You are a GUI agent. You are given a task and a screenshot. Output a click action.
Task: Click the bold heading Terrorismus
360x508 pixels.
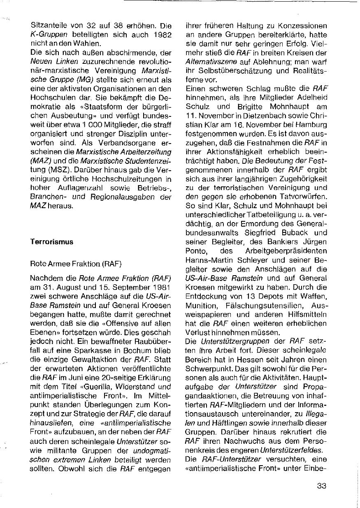click(52, 242)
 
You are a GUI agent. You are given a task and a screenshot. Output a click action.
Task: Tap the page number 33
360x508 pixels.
click(322, 486)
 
